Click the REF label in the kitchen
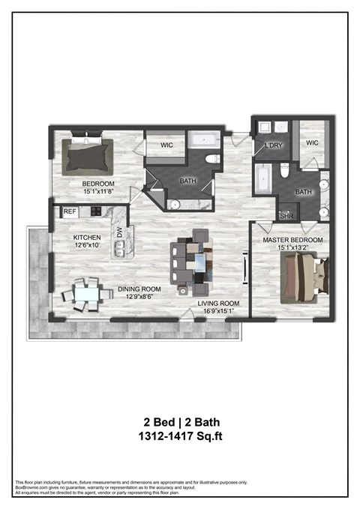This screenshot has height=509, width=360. (70, 212)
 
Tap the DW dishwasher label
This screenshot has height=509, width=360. (119, 233)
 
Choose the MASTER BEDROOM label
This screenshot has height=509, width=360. (292, 240)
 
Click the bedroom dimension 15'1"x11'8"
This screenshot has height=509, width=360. (98, 192)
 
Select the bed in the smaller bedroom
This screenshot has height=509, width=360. (88, 154)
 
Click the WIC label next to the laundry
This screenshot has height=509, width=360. (313, 142)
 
